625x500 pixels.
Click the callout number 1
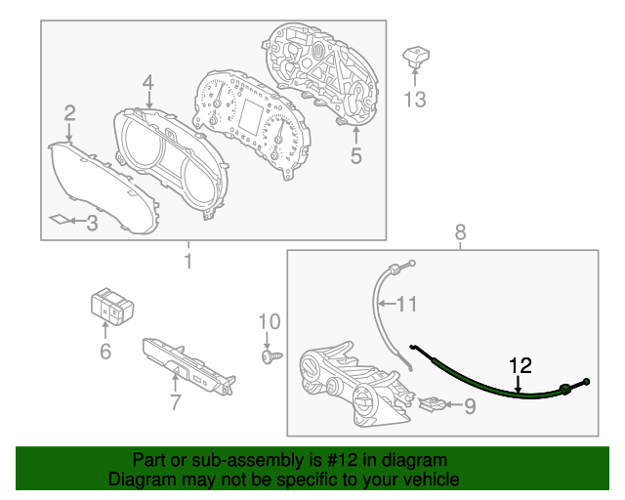pos(188,261)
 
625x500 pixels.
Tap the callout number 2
pos(69,114)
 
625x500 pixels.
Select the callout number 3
pos(92,224)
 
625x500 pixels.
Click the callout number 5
pos(355,155)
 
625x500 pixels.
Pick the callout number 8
pos(460,231)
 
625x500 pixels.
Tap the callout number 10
pos(269,321)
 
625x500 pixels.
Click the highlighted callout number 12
pos(521,366)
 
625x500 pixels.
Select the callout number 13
pos(415,101)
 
